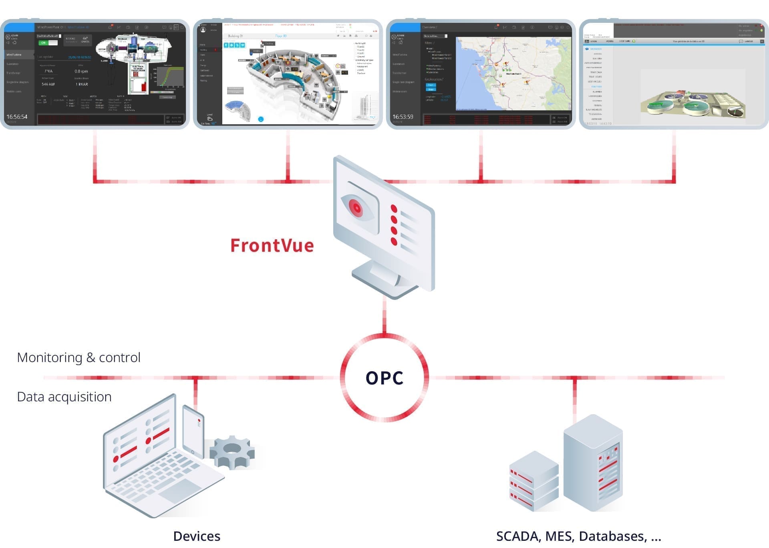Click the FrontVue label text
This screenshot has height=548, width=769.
pyautogui.click(x=272, y=246)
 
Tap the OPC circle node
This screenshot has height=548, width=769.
pyautogui.click(x=384, y=378)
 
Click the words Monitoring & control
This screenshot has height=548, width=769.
pyautogui.click(x=79, y=357)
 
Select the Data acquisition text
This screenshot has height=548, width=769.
pyautogui.click(x=64, y=396)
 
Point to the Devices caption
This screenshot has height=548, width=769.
pyautogui.click(x=196, y=536)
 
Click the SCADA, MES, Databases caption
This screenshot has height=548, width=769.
pyautogui.click(x=578, y=536)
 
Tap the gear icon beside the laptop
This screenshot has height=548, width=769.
pyautogui.click(x=232, y=452)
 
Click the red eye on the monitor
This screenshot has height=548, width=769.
pyautogui.click(x=356, y=208)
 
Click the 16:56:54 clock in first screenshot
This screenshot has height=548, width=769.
pyautogui.click(x=17, y=117)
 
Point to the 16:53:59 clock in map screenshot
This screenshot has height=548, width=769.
pyautogui.click(x=403, y=117)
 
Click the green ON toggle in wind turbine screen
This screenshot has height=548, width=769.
pyautogui.click(x=44, y=43)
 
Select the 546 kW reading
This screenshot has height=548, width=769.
pyautogui.click(x=48, y=84)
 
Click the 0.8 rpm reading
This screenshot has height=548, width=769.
pyautogui.click(x=81, y=71)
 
